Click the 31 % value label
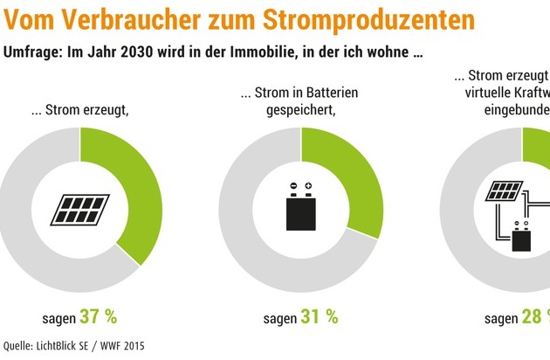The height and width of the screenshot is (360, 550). [319, 316]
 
